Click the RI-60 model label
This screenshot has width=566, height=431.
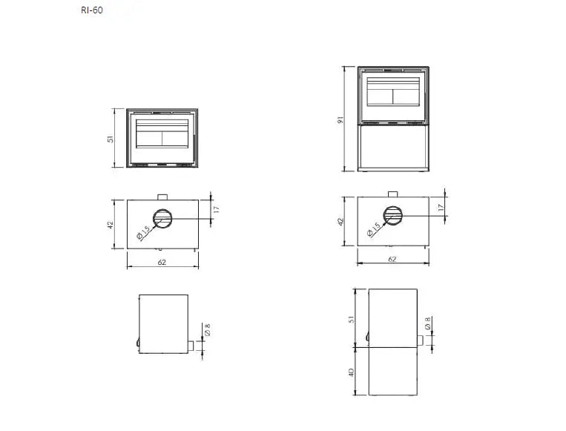pos(92,10)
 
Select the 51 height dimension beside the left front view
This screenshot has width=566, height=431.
pos(111,139)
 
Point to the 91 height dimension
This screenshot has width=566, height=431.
pos(340,120)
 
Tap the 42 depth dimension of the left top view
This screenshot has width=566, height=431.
pos(111,225)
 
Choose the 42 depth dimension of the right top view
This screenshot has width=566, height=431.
pos(340,221)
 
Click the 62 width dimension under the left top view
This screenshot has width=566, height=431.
pos(162,262)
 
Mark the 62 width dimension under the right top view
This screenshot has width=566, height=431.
pos(392,259)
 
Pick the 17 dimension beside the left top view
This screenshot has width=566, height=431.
pos(216,209)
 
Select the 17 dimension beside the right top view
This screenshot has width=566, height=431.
pos(441,208)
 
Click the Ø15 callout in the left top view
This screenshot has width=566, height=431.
pos(143,233)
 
